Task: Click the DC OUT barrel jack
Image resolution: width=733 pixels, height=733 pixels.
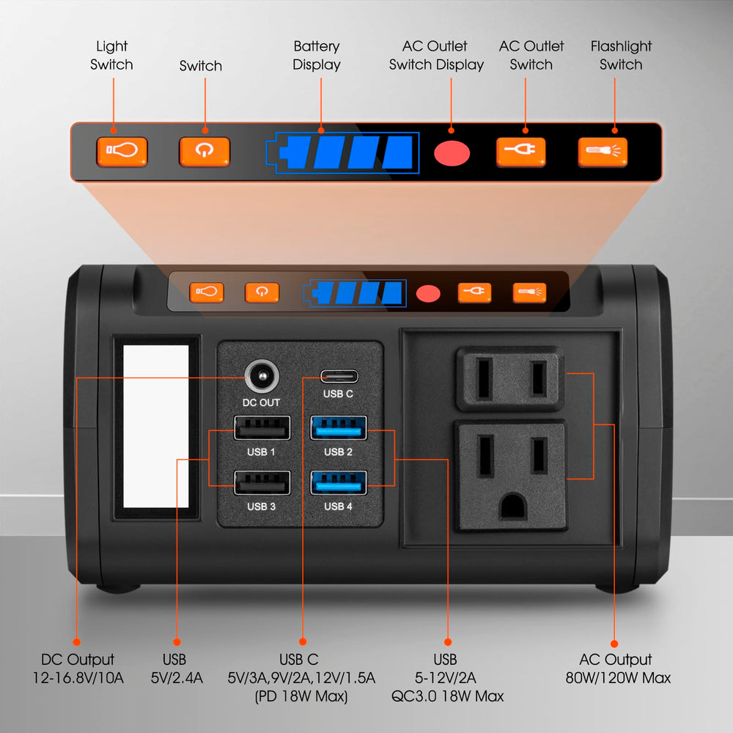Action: click(x=262, y=376)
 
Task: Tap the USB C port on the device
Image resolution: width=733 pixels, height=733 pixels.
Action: click(x=339, y=376)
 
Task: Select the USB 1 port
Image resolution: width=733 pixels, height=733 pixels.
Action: click(x=262, y=428)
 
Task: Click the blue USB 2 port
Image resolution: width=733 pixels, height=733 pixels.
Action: click(x=339, y=428)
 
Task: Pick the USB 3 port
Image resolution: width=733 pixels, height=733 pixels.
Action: click(x=262, y=482)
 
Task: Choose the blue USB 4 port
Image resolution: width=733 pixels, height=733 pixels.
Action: click(x=339, y=482)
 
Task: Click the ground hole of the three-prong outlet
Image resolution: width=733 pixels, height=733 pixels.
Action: click(x=513, y=507)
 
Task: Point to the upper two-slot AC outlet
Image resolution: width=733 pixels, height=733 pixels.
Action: click(x=510, y=378)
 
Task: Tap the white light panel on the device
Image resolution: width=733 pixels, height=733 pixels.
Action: click(x=155, y=427)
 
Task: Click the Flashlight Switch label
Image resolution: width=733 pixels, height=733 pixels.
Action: click(x=621, y=55)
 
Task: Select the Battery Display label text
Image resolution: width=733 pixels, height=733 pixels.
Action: click(x=317, y=55)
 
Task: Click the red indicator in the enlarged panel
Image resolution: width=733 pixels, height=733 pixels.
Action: click(x=452, y=153)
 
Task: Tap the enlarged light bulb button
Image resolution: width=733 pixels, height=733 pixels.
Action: click(x=122, y=152)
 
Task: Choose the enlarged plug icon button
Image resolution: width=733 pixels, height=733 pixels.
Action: click(x=520, y=152)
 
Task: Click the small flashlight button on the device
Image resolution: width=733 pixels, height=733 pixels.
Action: click(x=530, y=293)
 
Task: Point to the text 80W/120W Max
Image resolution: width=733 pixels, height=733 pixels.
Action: click(x=618, y=678)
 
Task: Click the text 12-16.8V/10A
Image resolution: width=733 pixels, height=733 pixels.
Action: click(x=78, y=678)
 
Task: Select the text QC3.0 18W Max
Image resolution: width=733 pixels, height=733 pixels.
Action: click(x=447, y=696)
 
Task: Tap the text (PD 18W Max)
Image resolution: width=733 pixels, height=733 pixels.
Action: click(x=301, y=696)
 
